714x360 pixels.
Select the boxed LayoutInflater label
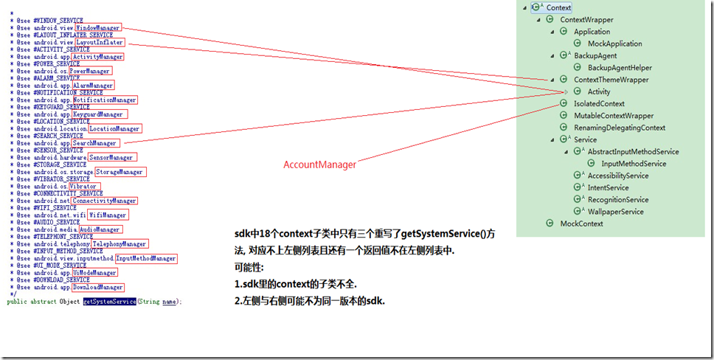click(100, 42)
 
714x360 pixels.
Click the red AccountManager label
click(319, 165)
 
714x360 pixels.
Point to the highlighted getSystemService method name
click(109, 302)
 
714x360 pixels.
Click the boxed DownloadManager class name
click(98, 287)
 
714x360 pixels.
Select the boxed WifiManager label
click(108, 215)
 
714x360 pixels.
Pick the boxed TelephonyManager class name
click(119, 244)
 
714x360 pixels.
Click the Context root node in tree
click(558, 7)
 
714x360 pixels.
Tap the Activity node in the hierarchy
click(599, 91)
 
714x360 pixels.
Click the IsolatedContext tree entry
click(599, 104)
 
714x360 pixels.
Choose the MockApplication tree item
click(614, 44)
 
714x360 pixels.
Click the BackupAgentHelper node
click(620, 68)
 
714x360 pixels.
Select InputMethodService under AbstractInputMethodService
click(633, 164)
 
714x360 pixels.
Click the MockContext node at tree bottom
click(581, 224)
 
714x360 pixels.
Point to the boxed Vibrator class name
click(83, 187)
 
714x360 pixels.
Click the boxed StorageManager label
click(119, 172)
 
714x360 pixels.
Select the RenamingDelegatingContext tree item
click(620, 128)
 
